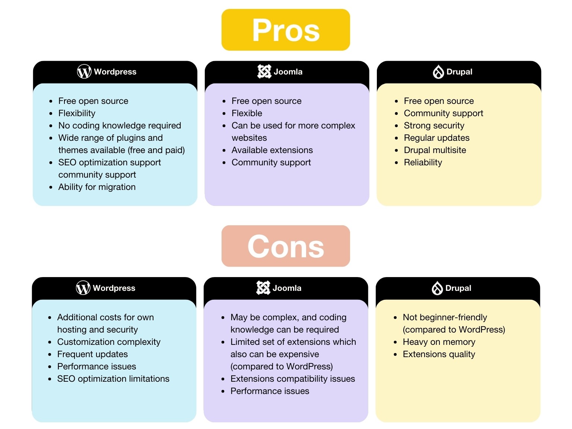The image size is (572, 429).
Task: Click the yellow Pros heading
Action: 286,30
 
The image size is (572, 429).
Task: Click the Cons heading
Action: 286,246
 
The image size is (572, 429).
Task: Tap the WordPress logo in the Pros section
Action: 84,71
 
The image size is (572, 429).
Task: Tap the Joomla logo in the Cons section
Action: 263,288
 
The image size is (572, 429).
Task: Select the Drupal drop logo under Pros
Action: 438,72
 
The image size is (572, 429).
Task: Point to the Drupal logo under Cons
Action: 437,288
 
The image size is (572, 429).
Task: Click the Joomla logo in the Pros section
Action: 264,71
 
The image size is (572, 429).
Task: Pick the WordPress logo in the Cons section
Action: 83,288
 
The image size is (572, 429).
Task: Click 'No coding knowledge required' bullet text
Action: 120,125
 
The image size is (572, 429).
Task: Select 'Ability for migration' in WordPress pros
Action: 97,187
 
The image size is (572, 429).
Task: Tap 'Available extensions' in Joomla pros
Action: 272,150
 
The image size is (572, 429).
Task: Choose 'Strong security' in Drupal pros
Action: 434,125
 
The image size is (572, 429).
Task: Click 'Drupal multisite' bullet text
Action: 435,150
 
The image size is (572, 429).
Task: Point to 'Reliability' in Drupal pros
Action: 423,162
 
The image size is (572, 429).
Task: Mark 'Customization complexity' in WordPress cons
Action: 109,342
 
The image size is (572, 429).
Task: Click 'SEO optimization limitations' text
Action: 113,379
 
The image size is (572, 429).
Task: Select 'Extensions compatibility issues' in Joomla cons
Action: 293,379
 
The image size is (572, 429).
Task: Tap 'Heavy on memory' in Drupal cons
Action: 439,342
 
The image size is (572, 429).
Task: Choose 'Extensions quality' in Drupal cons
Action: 439,354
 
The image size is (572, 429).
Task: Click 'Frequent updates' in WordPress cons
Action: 92,354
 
